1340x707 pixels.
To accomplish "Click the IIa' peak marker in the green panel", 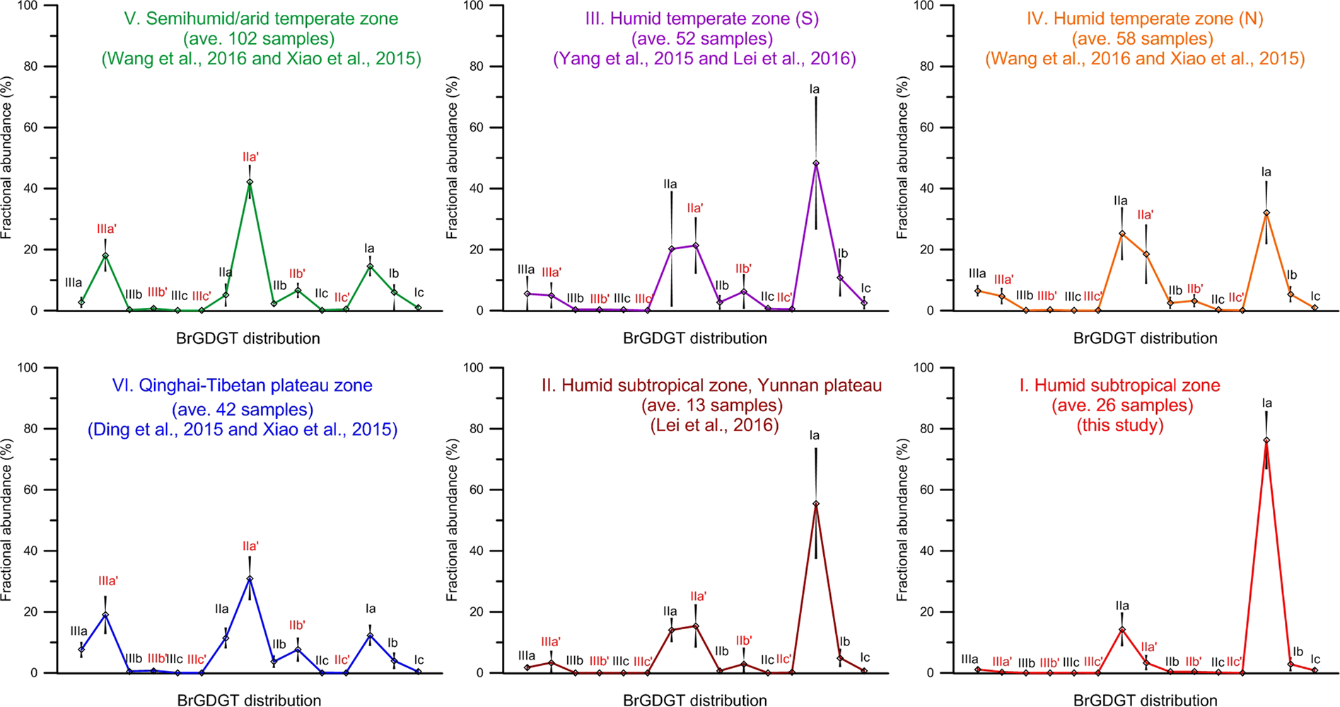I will pyautogui.click(x=250, y=182).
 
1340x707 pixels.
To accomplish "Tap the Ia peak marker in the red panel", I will pyautogui.click(x=1266, y=440).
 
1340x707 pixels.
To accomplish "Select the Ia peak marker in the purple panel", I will pyautogui.click(x=816, y=163).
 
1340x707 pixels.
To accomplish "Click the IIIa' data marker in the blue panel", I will pyautogui.click(x=105, y=615).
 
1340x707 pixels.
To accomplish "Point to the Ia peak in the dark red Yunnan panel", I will pyautogui.click(x=816, y=504).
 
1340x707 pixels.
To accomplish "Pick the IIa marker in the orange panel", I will pyautogui.click(x=1122, y=234).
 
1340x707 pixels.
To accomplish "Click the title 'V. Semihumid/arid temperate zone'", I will pyautogui.click(x=261, y=18).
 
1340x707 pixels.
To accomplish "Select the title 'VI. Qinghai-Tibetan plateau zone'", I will pyautogui.click(x=242, y=386).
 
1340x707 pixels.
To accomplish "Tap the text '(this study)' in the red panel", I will pyautogui.click(x=1120, y=425).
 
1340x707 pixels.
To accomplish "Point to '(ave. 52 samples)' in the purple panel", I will pyautogui.click(x=702, y=38).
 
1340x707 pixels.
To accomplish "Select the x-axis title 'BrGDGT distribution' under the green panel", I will pyautogui.click(x=247, y=338).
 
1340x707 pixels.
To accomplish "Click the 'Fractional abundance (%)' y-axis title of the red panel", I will pyautogui.click(x=903, y=520).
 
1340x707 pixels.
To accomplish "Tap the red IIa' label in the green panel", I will pyautogui.click(x=250, y=157).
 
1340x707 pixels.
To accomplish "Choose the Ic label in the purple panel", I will pyautogui.click(x=866, y=288).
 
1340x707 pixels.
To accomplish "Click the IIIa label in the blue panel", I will pyautogui.click(x=78, y=631).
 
